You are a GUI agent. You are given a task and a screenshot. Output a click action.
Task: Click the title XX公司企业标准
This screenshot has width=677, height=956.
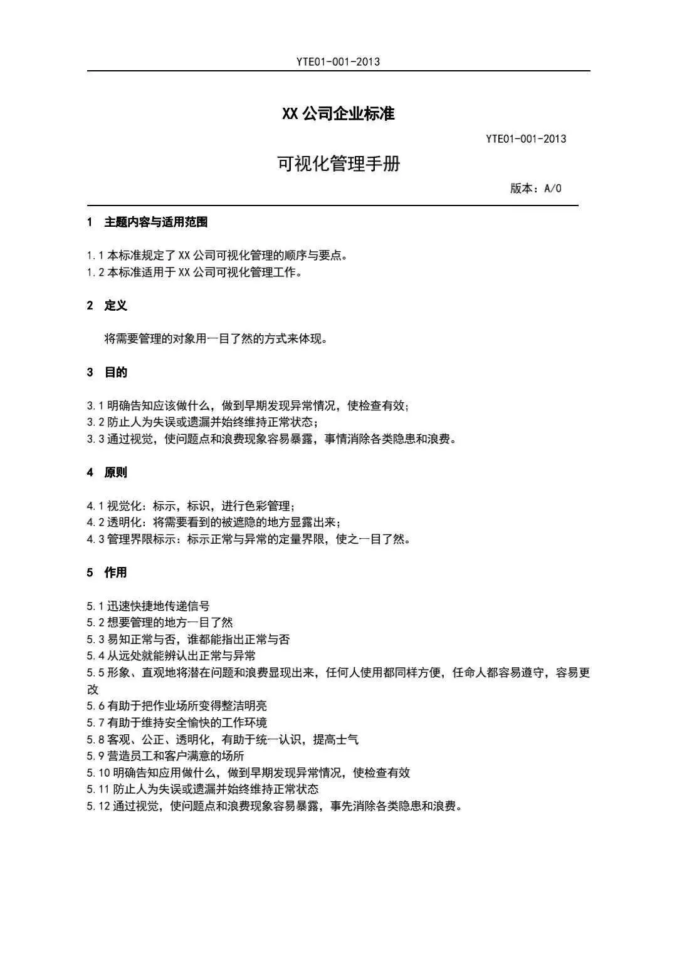(x=338, y=114)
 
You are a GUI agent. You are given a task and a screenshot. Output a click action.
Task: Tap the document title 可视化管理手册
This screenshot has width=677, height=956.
(x=338, y=164)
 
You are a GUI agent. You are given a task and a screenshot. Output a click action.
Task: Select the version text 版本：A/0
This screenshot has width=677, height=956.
(x=535, y=189)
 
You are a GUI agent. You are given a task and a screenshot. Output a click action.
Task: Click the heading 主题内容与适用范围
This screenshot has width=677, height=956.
(x=155, y=222)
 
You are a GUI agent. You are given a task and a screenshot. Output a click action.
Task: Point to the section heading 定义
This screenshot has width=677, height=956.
(x=115, y=306)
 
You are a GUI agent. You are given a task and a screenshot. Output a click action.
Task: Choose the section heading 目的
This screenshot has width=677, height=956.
(x=115, y=372)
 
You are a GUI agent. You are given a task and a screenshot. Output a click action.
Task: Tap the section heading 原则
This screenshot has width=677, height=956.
(x=115, y=472)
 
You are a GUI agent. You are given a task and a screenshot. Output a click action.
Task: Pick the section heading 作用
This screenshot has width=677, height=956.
(x=115, y=573)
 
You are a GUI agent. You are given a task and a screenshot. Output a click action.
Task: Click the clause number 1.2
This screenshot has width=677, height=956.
(x=95, y=273)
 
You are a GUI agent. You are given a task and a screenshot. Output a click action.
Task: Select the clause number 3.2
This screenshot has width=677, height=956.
(x=95, y=422)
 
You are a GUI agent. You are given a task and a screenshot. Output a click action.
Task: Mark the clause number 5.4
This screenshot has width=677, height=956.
(x=95, y=656)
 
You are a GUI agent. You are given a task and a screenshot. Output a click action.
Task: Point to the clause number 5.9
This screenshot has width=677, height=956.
(x=95, y=756)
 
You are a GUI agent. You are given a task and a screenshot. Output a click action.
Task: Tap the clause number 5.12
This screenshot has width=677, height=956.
(x=98, y=806)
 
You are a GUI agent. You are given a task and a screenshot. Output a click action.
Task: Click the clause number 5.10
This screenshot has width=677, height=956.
(x=98, y=773)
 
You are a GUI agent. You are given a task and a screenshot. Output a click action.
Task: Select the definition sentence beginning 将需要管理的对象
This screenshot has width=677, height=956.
(x=216, y=339)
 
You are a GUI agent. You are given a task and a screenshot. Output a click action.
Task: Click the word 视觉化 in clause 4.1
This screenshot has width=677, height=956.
(x=124, y=506)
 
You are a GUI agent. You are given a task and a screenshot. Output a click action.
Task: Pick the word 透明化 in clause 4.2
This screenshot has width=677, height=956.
(x=124, y=522)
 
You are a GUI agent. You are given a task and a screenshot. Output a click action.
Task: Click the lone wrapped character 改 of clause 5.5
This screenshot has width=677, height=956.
(x=93, y=690)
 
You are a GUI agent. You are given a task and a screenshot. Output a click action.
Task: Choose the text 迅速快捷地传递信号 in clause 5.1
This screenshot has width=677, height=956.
(x=158, y=606)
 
